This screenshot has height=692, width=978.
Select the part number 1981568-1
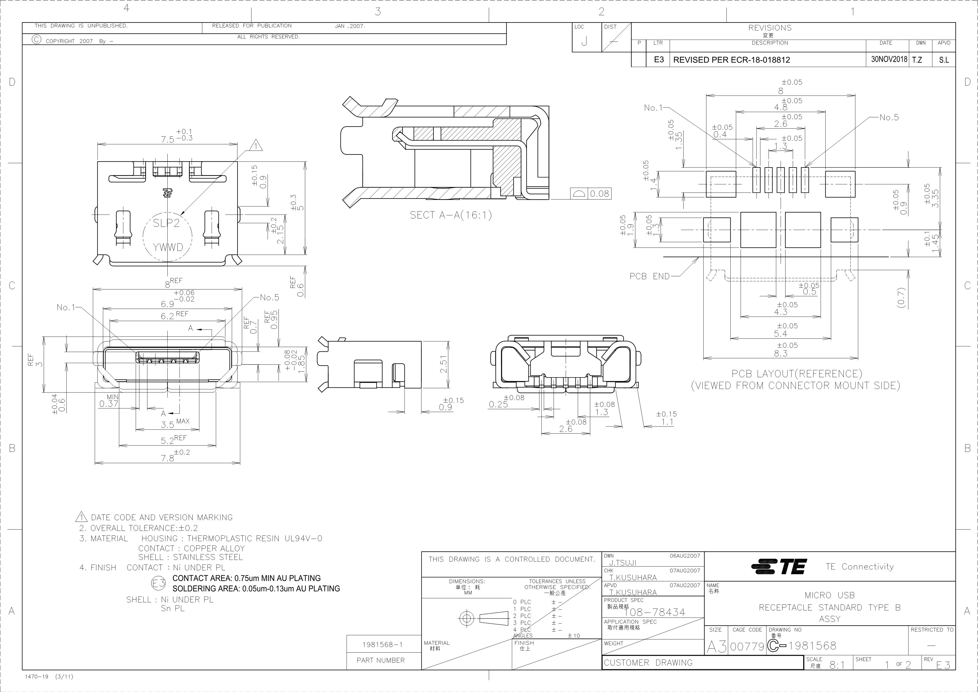click(382, 644)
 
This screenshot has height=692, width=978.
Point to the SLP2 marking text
click(167, 223)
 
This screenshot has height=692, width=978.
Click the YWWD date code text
click(168, 247)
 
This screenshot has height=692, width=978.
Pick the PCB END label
click(650, 276)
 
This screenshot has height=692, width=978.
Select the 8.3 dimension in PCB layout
click(781, 353)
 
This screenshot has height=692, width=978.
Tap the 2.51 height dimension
click(443, 364)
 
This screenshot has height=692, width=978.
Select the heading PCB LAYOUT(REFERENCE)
click(797, 374)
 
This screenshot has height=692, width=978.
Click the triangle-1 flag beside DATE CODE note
click(81, 517)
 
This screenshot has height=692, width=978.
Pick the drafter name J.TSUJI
click(623, 563)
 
